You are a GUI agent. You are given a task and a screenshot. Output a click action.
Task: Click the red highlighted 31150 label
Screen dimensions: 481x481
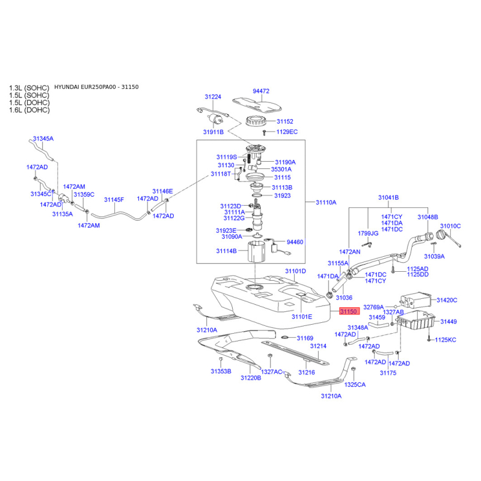(349, 311)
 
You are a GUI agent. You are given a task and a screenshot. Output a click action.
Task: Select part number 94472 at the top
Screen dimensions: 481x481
(261, 91)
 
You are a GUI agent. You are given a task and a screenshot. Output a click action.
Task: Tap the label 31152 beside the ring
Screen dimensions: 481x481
(284, 121)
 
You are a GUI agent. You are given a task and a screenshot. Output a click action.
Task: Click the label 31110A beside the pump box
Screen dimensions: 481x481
(326, 203)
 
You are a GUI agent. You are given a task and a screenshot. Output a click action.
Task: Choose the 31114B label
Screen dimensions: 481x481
(227, 251)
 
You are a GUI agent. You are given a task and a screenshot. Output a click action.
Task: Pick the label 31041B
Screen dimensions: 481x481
(388, 198)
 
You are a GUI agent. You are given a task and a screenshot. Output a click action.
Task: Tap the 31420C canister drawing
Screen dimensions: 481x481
(416, 300)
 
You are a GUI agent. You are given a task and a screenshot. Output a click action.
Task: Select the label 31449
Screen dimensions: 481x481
(449, 322)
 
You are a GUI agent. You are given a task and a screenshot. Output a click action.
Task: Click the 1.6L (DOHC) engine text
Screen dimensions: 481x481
(29, 110)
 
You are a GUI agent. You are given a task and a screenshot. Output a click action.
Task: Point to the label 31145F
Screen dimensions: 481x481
(114, 200)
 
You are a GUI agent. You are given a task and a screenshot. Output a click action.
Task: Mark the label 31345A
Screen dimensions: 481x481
(43, 139)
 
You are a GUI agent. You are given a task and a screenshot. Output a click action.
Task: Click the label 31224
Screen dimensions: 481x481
(213, 97)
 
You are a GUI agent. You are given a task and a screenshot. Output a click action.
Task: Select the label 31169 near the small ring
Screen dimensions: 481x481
(305, 338)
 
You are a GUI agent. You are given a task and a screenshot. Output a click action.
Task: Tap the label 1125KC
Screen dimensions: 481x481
(446, 340)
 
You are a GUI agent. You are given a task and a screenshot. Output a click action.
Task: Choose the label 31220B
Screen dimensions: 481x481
(251, 378)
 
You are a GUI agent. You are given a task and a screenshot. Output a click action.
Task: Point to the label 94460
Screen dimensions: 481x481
(295, 242)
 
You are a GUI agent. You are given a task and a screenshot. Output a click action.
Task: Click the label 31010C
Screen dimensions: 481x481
(450, 226)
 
